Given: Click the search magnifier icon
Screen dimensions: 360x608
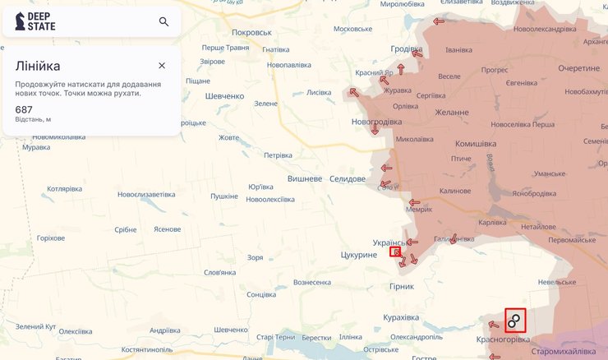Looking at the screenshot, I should coord(164,22).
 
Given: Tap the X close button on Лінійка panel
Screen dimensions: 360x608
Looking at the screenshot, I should coord(162,66).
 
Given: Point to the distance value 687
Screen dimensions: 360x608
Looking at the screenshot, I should coord(24,109).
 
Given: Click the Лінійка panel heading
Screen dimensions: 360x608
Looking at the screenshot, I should coord(38,66).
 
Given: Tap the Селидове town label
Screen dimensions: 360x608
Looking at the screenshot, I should coord(348,179).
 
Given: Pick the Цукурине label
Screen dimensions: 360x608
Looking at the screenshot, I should coord(358,255).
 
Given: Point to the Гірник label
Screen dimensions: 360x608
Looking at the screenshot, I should coord(403,287).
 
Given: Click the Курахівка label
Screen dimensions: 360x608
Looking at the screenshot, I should coord(401,317).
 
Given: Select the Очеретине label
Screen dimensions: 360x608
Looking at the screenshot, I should coord(580,68).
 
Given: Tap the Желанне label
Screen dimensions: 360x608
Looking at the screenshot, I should coord(453,112).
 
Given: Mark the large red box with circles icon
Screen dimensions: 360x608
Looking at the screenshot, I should coord(514,320).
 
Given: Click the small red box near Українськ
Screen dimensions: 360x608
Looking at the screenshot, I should coord(395,252).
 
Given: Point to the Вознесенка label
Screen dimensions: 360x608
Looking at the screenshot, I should coord(311,283).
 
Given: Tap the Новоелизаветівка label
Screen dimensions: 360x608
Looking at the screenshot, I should coord(146,195).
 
